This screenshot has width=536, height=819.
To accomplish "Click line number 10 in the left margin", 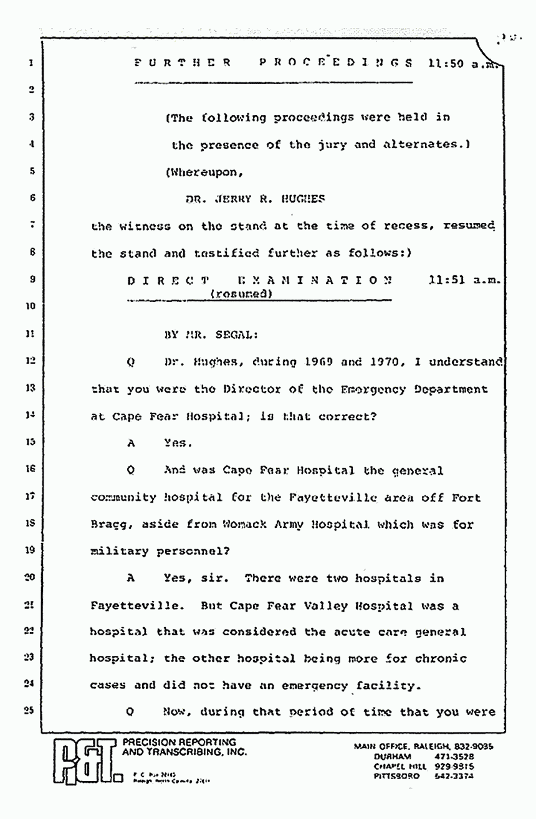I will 29,305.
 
